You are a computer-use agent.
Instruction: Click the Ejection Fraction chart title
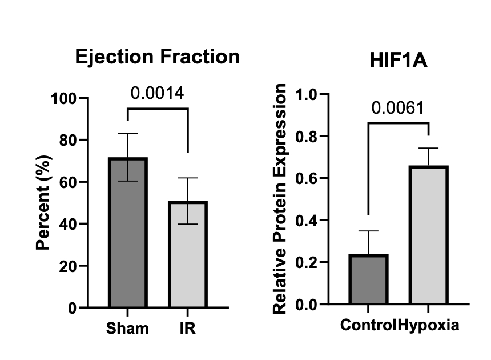[158, 57]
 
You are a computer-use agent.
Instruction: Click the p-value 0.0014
[158, 93]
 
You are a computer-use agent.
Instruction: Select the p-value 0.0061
[397, 107]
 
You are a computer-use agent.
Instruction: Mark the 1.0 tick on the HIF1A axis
[307, 94]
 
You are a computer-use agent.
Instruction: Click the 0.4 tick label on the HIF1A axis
[307, 221]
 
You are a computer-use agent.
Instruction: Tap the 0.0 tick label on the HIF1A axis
[307, 305]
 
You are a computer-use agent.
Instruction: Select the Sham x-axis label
[127, 329]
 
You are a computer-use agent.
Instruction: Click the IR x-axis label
[187, 329]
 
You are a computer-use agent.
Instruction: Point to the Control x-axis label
[368, 325]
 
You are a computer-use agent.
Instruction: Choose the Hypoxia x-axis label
[428, 325]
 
